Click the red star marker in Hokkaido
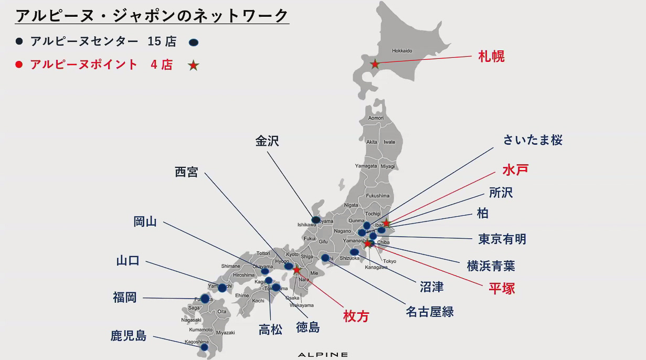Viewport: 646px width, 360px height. coord(375,65)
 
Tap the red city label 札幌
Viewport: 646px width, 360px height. coord(491,57)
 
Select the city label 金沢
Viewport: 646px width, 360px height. coord(267,141)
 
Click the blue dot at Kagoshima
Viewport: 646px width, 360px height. coord(204,347)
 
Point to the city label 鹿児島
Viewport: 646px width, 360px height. coord(129,336)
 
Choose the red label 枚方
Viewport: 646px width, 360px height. coord(356,316)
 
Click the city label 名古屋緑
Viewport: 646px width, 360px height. coord(429,312)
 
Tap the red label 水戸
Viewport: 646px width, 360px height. coord(515,170)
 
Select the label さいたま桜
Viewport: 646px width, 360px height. coord(533,140)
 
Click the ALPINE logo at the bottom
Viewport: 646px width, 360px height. coord(323,355)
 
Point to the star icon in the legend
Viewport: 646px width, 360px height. coord(194,66)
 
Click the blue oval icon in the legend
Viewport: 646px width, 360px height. coord(194,42)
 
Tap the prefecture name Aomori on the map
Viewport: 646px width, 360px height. coord(376,118)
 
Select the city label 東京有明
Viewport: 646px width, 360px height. coord(502,239)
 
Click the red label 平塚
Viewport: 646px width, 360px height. coord(502,288)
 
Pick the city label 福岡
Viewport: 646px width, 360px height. coord(125,298)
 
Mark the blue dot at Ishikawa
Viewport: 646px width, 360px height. coord(315,220)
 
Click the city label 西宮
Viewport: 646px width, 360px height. coord(186,172)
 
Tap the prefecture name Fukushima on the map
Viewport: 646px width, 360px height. coord(378,196)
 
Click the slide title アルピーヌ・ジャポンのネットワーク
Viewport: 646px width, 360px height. coord(152,15)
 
